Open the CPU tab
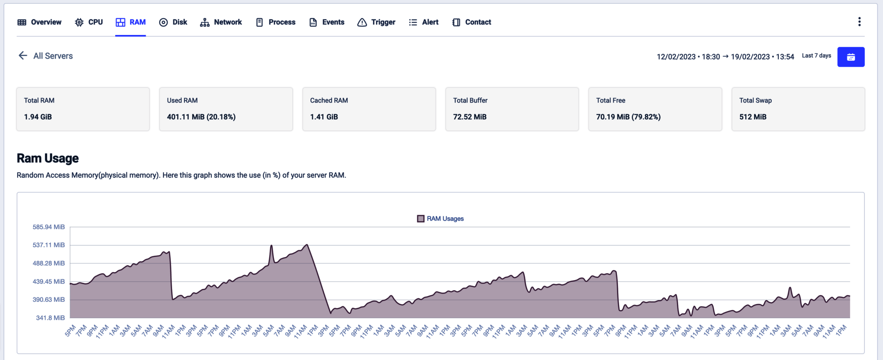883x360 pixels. point(89,22)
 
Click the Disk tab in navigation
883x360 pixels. point(173,22)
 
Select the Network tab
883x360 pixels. point(221,22)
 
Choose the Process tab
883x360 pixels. point(276,22)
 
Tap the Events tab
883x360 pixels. point(327,22)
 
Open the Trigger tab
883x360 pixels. point(376,22)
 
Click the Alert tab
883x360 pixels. point(424,22)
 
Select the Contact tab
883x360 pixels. point(472,22)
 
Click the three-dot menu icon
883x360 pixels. point(859,22)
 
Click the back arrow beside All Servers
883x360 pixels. point(23,56)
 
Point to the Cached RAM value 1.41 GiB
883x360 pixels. point(324,117)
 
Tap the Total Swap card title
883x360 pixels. point(755,100)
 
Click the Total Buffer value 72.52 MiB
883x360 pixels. point(470,117)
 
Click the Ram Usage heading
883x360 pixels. point(47,158)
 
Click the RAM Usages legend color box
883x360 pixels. point(421,219)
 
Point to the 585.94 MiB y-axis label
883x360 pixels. point(49,227)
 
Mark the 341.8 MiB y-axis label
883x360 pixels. point(50,318)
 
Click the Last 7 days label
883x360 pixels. point(816,56)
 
